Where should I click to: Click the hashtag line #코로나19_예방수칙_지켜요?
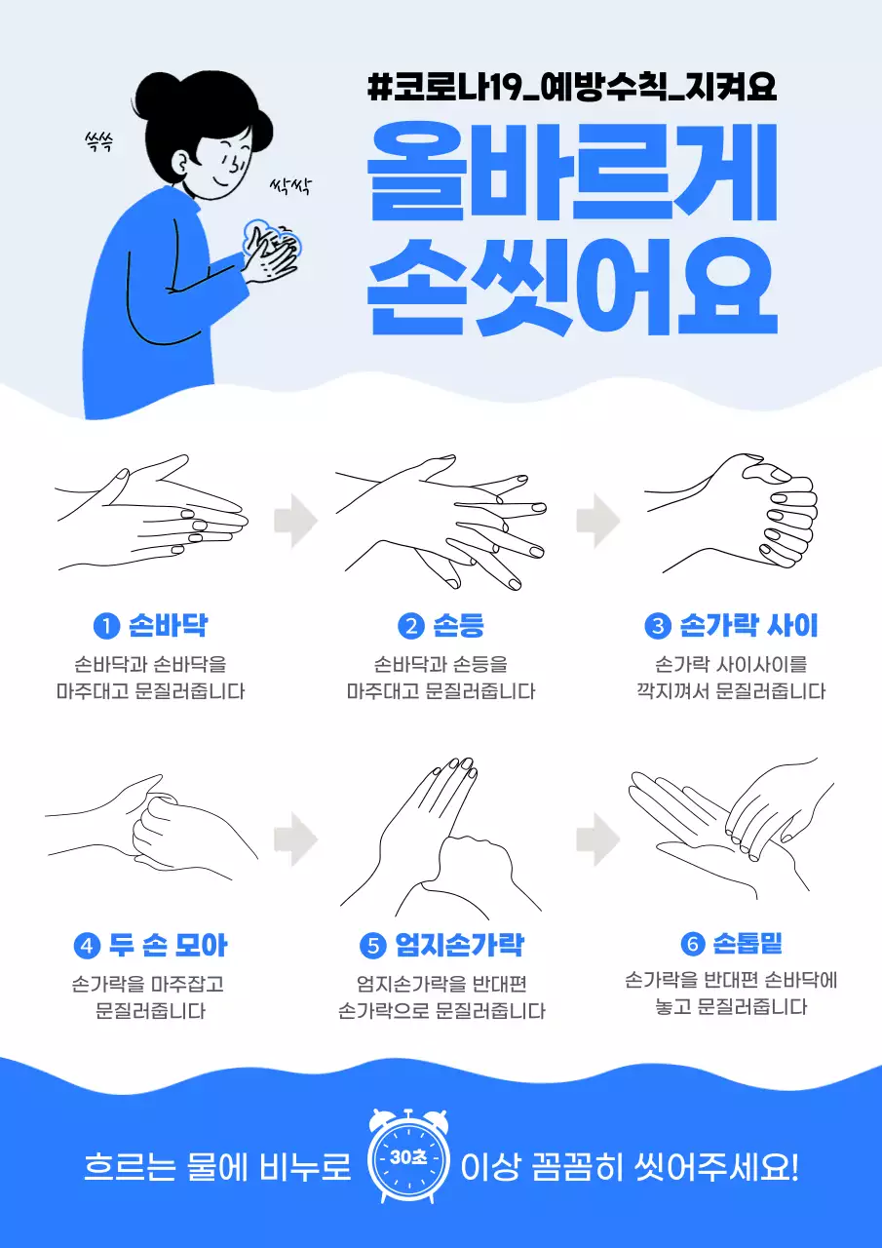(573, 87)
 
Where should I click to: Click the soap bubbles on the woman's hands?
(273, 237)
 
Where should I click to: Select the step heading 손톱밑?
(748, 943)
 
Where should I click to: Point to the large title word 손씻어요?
(573, 283)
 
